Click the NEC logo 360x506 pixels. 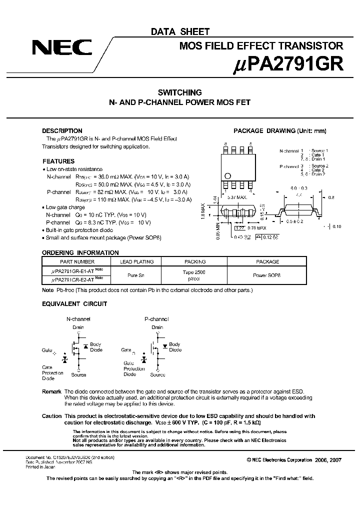tap(62, 48)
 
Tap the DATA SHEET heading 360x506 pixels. tap(180, 31)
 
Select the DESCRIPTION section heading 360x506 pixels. tap(62, 130)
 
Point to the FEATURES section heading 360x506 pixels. tap(58, 161)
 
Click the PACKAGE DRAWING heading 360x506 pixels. tap(279, 131)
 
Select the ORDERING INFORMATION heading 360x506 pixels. tap(80, 252)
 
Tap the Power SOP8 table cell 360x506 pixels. tap(267, 274)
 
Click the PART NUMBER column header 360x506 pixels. tap(77, 261)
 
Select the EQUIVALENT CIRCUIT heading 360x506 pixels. tap(74, 303)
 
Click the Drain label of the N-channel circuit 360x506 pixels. tap(78, 327)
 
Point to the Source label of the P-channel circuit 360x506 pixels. tap(157, 374)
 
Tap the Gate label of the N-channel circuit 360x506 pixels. tap(47, 350)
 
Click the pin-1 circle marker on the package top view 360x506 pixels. tap(228, 175)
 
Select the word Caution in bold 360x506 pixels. tap(51, 416)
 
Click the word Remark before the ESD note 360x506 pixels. tap(51, 391)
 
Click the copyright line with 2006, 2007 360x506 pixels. tap(294, 459)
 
